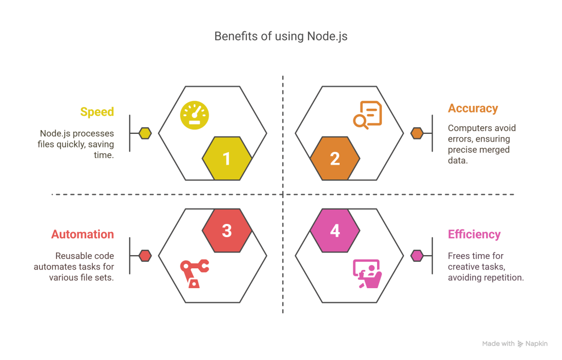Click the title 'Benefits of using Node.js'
pos(280,37)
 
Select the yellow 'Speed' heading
pos(97,112)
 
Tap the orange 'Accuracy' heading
pos(473,108)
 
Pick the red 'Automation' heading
pos(83,234)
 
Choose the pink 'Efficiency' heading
pos(474,234)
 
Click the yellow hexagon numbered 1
pos(227,159)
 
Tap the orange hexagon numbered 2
pos(335,159)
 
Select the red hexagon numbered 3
pos(227,230)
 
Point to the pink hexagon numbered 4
pos(335,230)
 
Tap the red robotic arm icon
pos(194,274)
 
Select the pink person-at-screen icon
pos(367,273)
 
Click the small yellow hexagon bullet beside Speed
pos(145,133)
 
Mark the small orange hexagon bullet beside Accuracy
pos(417,133)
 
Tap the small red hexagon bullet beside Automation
pos(145,255)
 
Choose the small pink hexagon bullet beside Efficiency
pos(417,255)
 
